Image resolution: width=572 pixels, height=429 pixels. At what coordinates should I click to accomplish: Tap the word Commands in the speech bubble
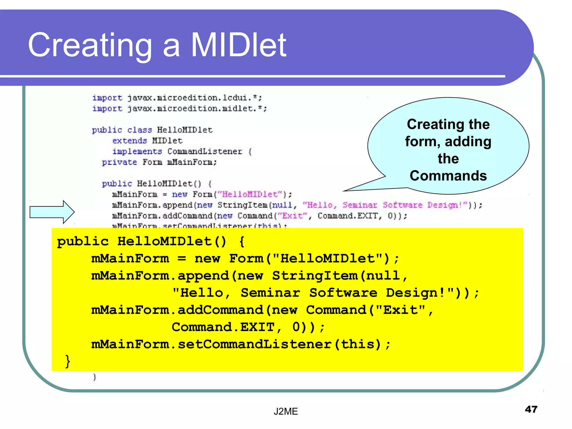pyautogui.click(x=448, y=176)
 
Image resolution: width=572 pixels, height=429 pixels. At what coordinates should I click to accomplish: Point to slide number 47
pyautogui.click(x=531, y=409)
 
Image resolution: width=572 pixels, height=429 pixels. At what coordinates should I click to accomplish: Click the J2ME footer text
pyautogui.click(x=285, y=411)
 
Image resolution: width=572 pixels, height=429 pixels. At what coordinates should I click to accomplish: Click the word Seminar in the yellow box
pyautogui.click(x=270, y=293)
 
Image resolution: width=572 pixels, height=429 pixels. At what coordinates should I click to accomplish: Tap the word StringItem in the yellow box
pyautogui.click(x=315, y=276)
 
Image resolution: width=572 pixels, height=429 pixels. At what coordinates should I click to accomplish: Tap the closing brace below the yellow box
pyautogui.click(x=95, y=377)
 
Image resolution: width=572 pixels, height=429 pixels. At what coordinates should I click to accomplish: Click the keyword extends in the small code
pyautogui.click(x=130, y=140)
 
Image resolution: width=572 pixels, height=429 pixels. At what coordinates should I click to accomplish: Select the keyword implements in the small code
pyautogui.click(x=137, y=151)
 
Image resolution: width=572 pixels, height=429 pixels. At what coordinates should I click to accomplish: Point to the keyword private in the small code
pyautogui.click(x=119, y=162)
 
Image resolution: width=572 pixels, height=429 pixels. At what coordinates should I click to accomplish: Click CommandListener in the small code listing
pyautogui.click(x=205, y=151)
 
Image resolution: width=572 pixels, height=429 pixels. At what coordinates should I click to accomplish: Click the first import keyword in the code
pyautogui.click(x=107, y=98)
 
